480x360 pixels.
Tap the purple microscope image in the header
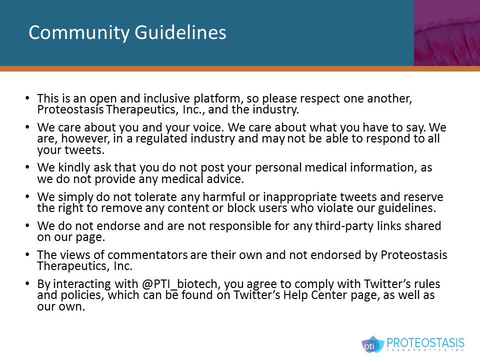pyautogui.click(x=446, y=33)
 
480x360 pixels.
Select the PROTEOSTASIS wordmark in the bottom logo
pyautogui.click(x=425, y=343)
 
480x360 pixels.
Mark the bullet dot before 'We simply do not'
pyautogui.click(x=26, y=197)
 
